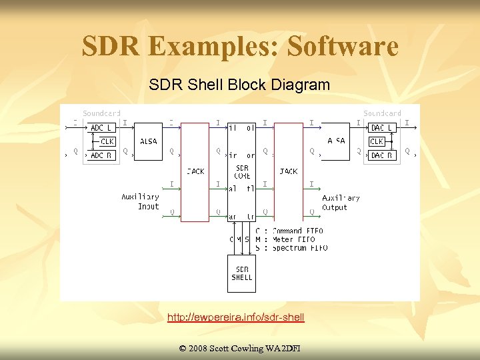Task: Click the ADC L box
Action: click(101, 127)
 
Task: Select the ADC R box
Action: click(101, 155)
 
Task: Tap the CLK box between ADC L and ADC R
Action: click(107, 141)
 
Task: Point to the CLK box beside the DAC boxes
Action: click(377, 141)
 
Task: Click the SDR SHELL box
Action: click(241, 273)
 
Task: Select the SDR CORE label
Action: click(242, 171)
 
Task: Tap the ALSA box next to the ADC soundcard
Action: click(149, 141)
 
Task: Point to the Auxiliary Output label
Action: click(341, 203)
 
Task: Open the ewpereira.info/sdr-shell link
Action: click(236, 317)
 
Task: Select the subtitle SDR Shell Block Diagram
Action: click(239, 85)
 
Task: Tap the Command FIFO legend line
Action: click(289, 231)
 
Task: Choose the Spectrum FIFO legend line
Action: click(291, 248)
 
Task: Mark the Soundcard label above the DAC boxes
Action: click(382, 113)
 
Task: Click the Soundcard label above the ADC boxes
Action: click(101, 113)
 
